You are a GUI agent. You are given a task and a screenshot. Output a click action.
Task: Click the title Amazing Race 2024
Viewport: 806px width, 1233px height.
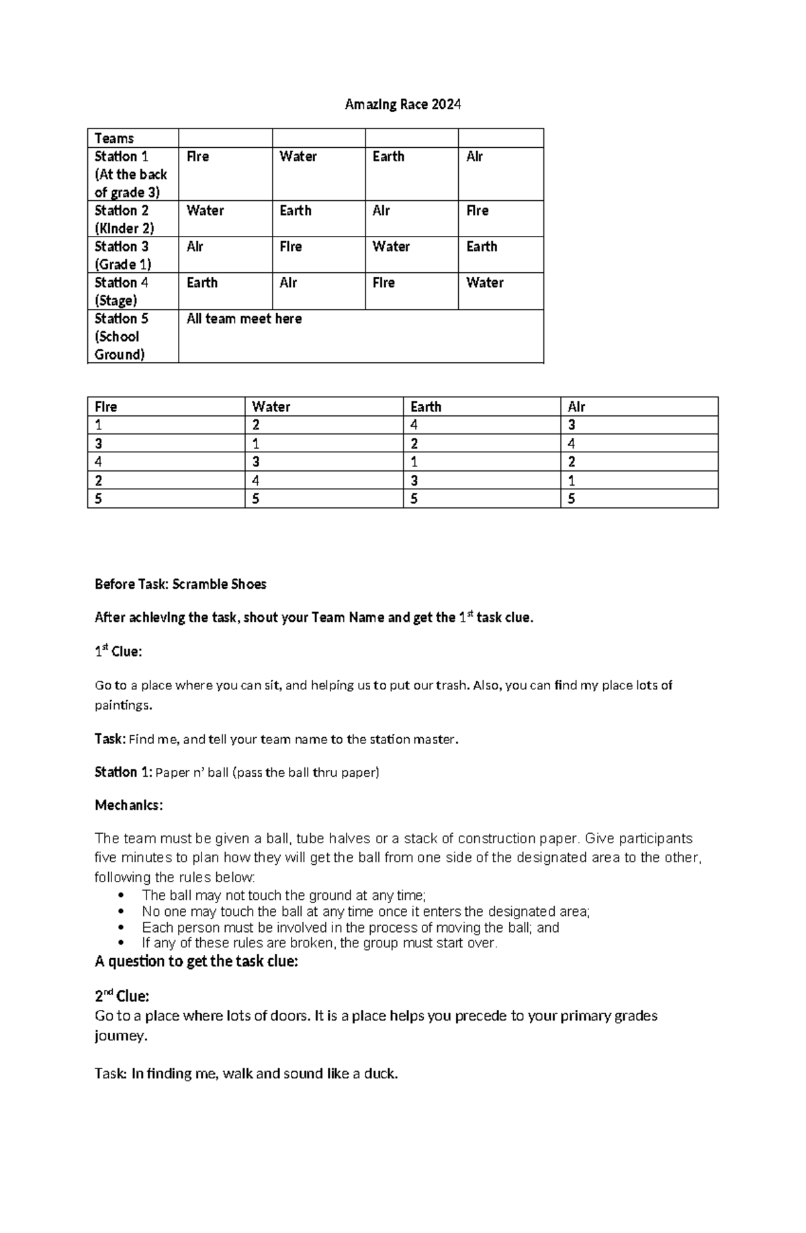[x=402, y=104]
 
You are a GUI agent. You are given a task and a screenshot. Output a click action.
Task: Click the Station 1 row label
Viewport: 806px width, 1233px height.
[x=131, y=174]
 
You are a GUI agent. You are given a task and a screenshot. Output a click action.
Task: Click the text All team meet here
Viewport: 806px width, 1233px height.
[x=244, y=319]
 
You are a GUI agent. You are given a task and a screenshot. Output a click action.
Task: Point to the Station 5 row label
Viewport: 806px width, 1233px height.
[x=121, y=337]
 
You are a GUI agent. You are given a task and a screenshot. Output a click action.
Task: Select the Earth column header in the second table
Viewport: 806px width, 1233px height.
[x=426, y=407]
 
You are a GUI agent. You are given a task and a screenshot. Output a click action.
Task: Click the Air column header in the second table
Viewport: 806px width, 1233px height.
[x=576, y=407]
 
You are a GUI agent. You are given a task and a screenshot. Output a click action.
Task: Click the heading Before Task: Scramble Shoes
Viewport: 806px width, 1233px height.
[x=180, y=584]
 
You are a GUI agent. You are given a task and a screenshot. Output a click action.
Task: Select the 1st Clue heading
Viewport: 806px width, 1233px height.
[x=118, y=652]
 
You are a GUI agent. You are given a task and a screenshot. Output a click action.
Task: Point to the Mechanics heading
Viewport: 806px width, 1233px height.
[x=128, y=805]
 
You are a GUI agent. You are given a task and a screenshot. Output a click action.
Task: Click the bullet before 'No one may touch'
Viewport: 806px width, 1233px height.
[x=121, y=912]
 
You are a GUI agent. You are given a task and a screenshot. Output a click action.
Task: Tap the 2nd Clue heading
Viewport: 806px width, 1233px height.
[x=122, y=995]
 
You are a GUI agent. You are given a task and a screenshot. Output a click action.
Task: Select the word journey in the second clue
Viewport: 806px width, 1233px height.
[x=120, y=1035]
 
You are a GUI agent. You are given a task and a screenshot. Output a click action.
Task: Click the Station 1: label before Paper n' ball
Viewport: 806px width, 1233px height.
[x=124, y=772]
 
